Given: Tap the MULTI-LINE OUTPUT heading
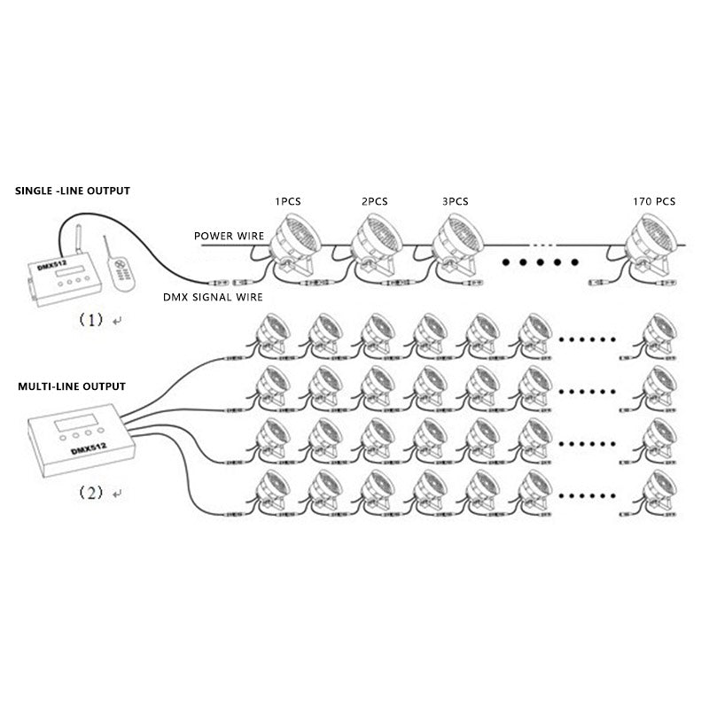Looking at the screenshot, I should point(72,387).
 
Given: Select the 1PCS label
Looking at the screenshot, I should point(289,202).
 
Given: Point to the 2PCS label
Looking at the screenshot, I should point(375,202).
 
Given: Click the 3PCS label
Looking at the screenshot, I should point(455,202).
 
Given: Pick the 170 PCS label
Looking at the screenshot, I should point(655,202).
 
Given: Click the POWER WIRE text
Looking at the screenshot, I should point(230,237).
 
